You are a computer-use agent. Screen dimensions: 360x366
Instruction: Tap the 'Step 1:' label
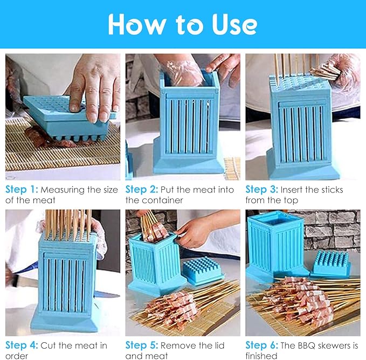[22, 189]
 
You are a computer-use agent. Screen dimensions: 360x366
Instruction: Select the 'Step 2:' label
[142, 189]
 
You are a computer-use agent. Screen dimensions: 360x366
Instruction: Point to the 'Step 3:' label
[261, 189]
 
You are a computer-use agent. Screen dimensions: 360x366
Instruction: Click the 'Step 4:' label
[22, 345]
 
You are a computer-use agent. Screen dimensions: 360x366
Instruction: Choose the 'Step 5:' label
[142, 345]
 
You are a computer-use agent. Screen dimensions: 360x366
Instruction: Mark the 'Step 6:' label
[261, 345]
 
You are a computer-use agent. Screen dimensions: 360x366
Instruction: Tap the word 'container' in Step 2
[166, 200]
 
